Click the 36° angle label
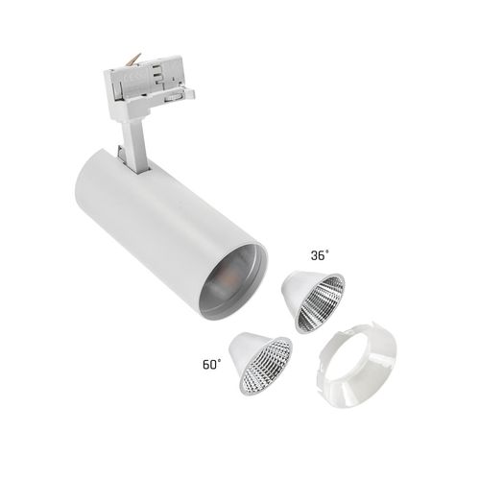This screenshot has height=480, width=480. tap(320, 256)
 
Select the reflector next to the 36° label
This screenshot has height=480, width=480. tap(311, 299)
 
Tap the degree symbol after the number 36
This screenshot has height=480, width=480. tap(328, 252)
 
